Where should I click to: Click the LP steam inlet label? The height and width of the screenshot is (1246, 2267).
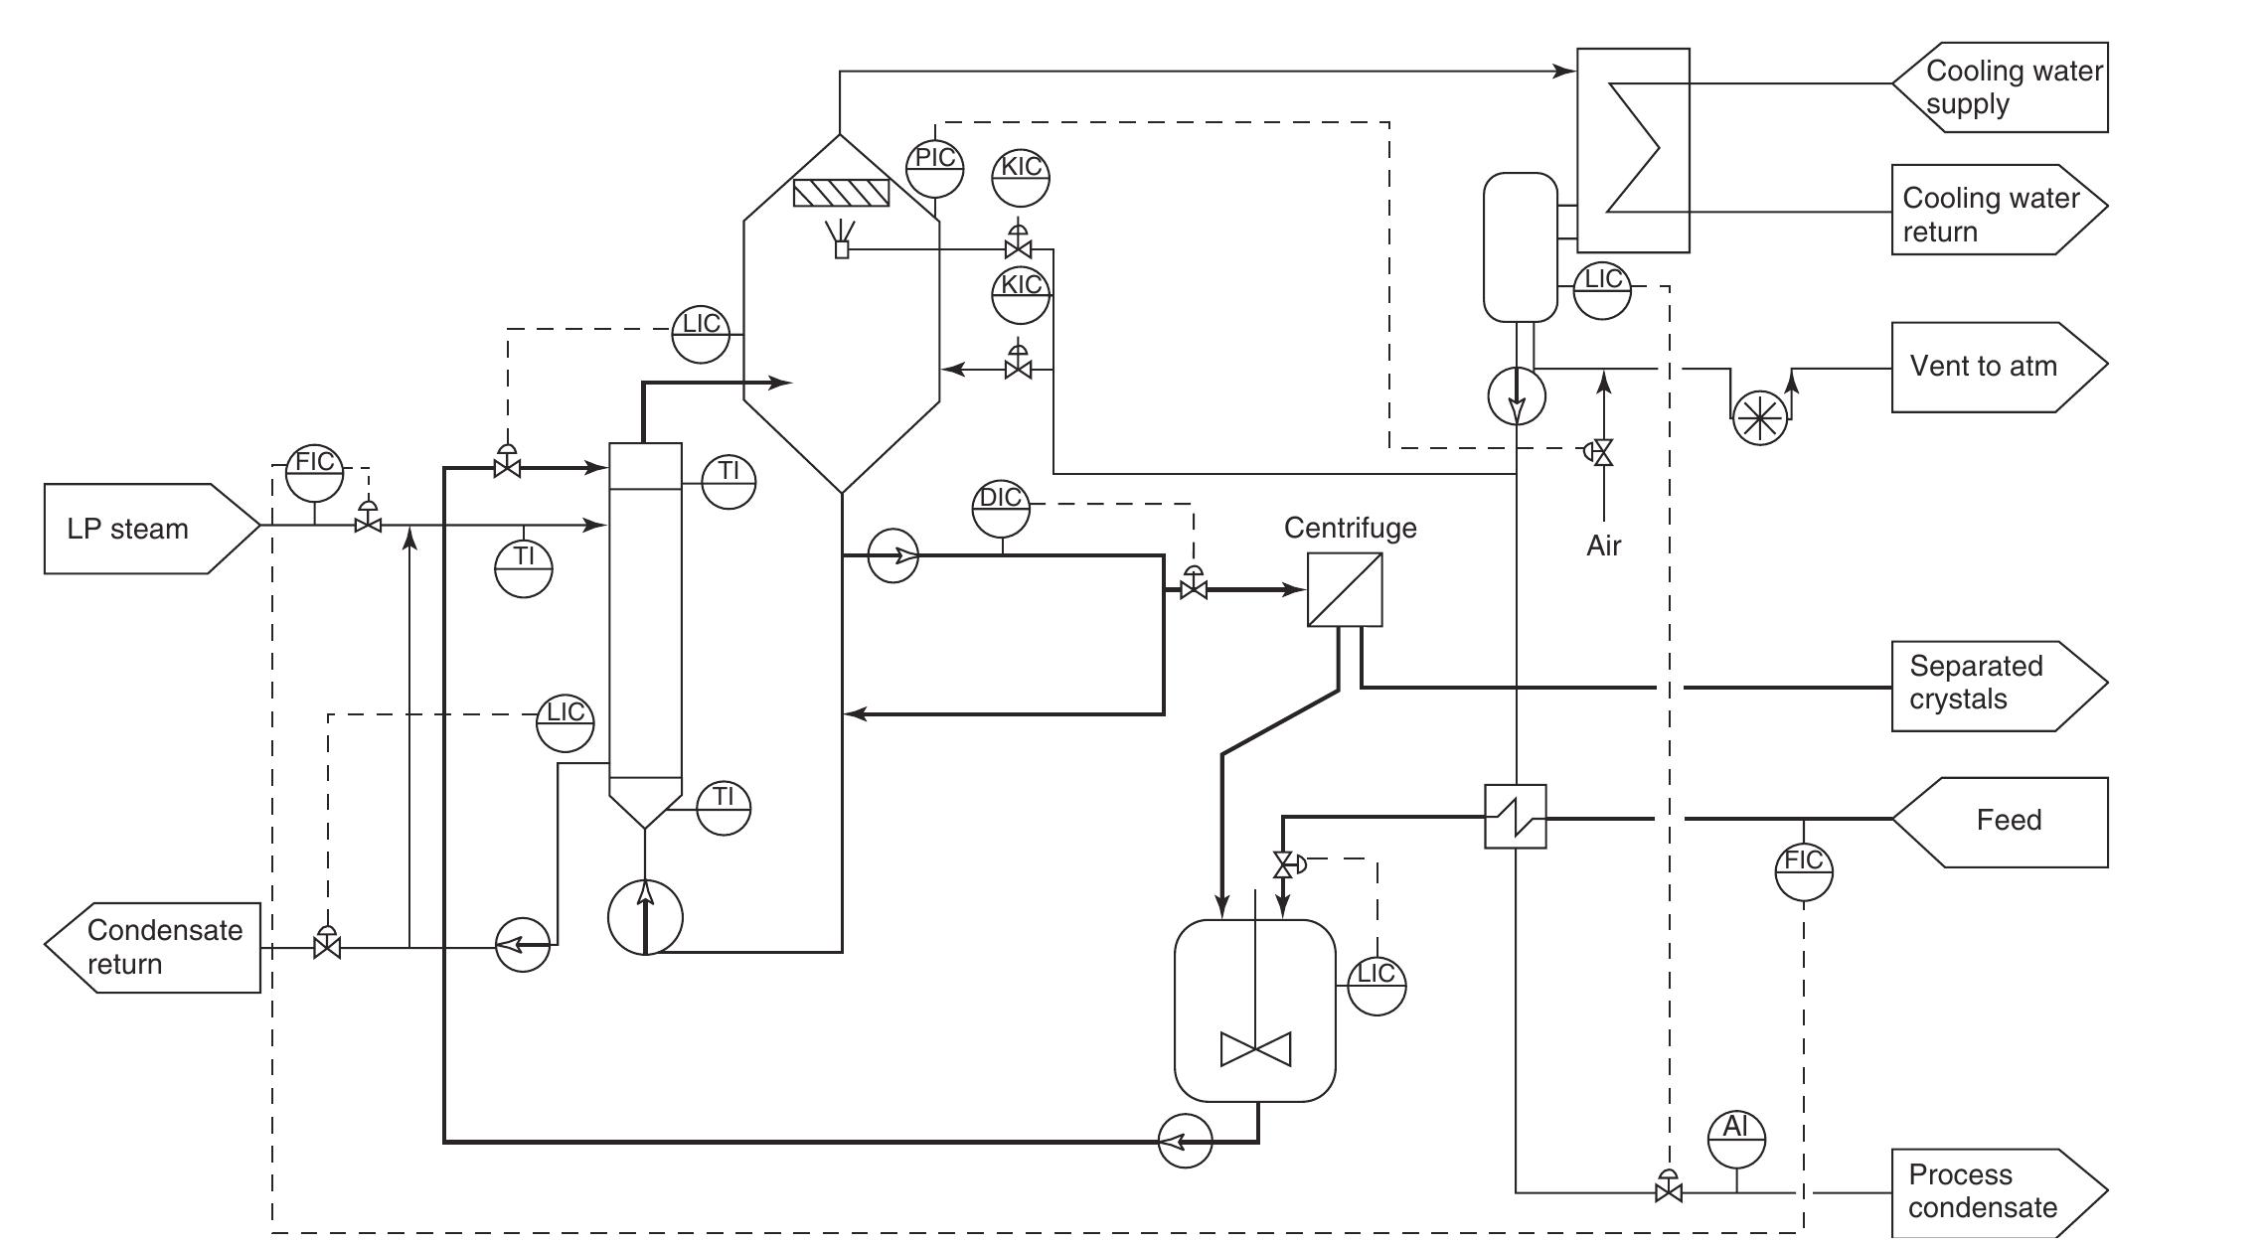[x=128, y=529]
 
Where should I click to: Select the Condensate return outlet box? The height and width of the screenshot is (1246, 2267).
[x=153, y=948]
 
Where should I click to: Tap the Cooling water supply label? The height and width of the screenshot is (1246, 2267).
[x=2014, y=87]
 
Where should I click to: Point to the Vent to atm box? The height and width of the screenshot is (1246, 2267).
[x=1999, y=367]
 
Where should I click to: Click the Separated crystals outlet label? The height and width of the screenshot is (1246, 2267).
[x=1976, y=683]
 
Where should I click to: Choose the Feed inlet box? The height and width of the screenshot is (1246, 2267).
[x=2000, y=823]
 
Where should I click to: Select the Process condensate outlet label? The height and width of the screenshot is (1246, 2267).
[x=1983, y=1191]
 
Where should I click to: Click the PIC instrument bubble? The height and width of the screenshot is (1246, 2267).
[x=935, y=168]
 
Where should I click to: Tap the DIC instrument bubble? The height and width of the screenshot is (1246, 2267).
[x=1001, y=508]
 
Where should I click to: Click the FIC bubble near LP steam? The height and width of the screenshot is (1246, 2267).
[x=315, y=473]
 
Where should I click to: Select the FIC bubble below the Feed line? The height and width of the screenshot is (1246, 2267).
[x=1804, y=871]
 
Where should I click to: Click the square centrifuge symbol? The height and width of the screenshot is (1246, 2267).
[x=1345, y=589]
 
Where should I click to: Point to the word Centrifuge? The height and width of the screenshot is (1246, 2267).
[x=1350, y=528]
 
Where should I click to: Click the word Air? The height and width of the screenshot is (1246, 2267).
[x=1604, y=545]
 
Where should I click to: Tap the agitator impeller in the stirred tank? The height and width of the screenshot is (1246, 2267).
[x=1256, y=1049]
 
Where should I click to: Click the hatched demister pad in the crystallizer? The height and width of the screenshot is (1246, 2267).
[x=841, y=193]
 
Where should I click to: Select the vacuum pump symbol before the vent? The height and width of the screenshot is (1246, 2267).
[x=1760, y=416]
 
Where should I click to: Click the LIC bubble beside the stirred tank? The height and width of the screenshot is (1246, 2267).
[x=1376, y=986]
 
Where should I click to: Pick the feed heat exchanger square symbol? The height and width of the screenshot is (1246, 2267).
[x=1516, y=817]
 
